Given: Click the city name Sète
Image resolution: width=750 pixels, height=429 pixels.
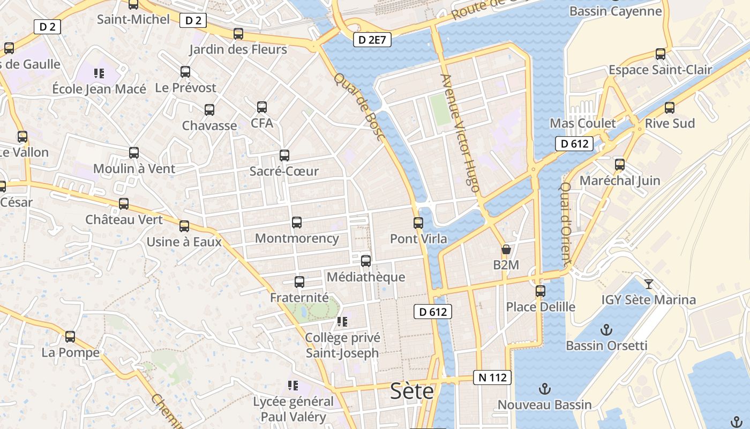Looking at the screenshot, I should pos(412,391).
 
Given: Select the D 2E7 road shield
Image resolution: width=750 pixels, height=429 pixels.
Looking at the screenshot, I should pos(372,39).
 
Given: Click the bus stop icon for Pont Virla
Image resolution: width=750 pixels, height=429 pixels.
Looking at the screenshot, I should pos(418,223).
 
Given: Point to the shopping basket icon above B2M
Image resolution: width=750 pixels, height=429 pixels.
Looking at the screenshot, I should pos(506,250).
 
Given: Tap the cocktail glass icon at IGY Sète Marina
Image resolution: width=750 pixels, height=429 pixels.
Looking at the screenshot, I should pos(649,284).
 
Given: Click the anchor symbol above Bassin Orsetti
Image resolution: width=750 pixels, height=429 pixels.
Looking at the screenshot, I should pos(606,329).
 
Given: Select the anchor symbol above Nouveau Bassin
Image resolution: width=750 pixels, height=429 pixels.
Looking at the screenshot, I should pos(544,389).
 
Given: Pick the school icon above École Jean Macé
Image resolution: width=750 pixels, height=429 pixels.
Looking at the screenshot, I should pos(99,73).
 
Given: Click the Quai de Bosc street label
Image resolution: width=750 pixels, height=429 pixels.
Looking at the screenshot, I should pos(359,107).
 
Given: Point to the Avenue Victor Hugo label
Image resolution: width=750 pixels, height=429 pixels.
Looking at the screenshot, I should pos(460,132).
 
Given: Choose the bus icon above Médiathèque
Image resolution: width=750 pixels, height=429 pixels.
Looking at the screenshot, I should pos(366,261).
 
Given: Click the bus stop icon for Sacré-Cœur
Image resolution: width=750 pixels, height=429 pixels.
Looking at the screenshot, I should pos(284,156).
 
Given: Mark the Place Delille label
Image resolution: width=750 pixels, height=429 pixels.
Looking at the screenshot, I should pos(541,307).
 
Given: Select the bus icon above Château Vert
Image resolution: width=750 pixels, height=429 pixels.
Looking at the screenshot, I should pos(124,204).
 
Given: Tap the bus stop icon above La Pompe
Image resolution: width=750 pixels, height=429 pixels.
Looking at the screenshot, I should pos(70,337).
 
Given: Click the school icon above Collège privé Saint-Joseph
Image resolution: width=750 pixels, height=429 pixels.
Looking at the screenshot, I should pos(342,322).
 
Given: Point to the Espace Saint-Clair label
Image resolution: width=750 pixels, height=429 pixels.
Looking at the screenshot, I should pos(660,70).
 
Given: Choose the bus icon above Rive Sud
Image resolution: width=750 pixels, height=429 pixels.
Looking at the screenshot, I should pos(670,108).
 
